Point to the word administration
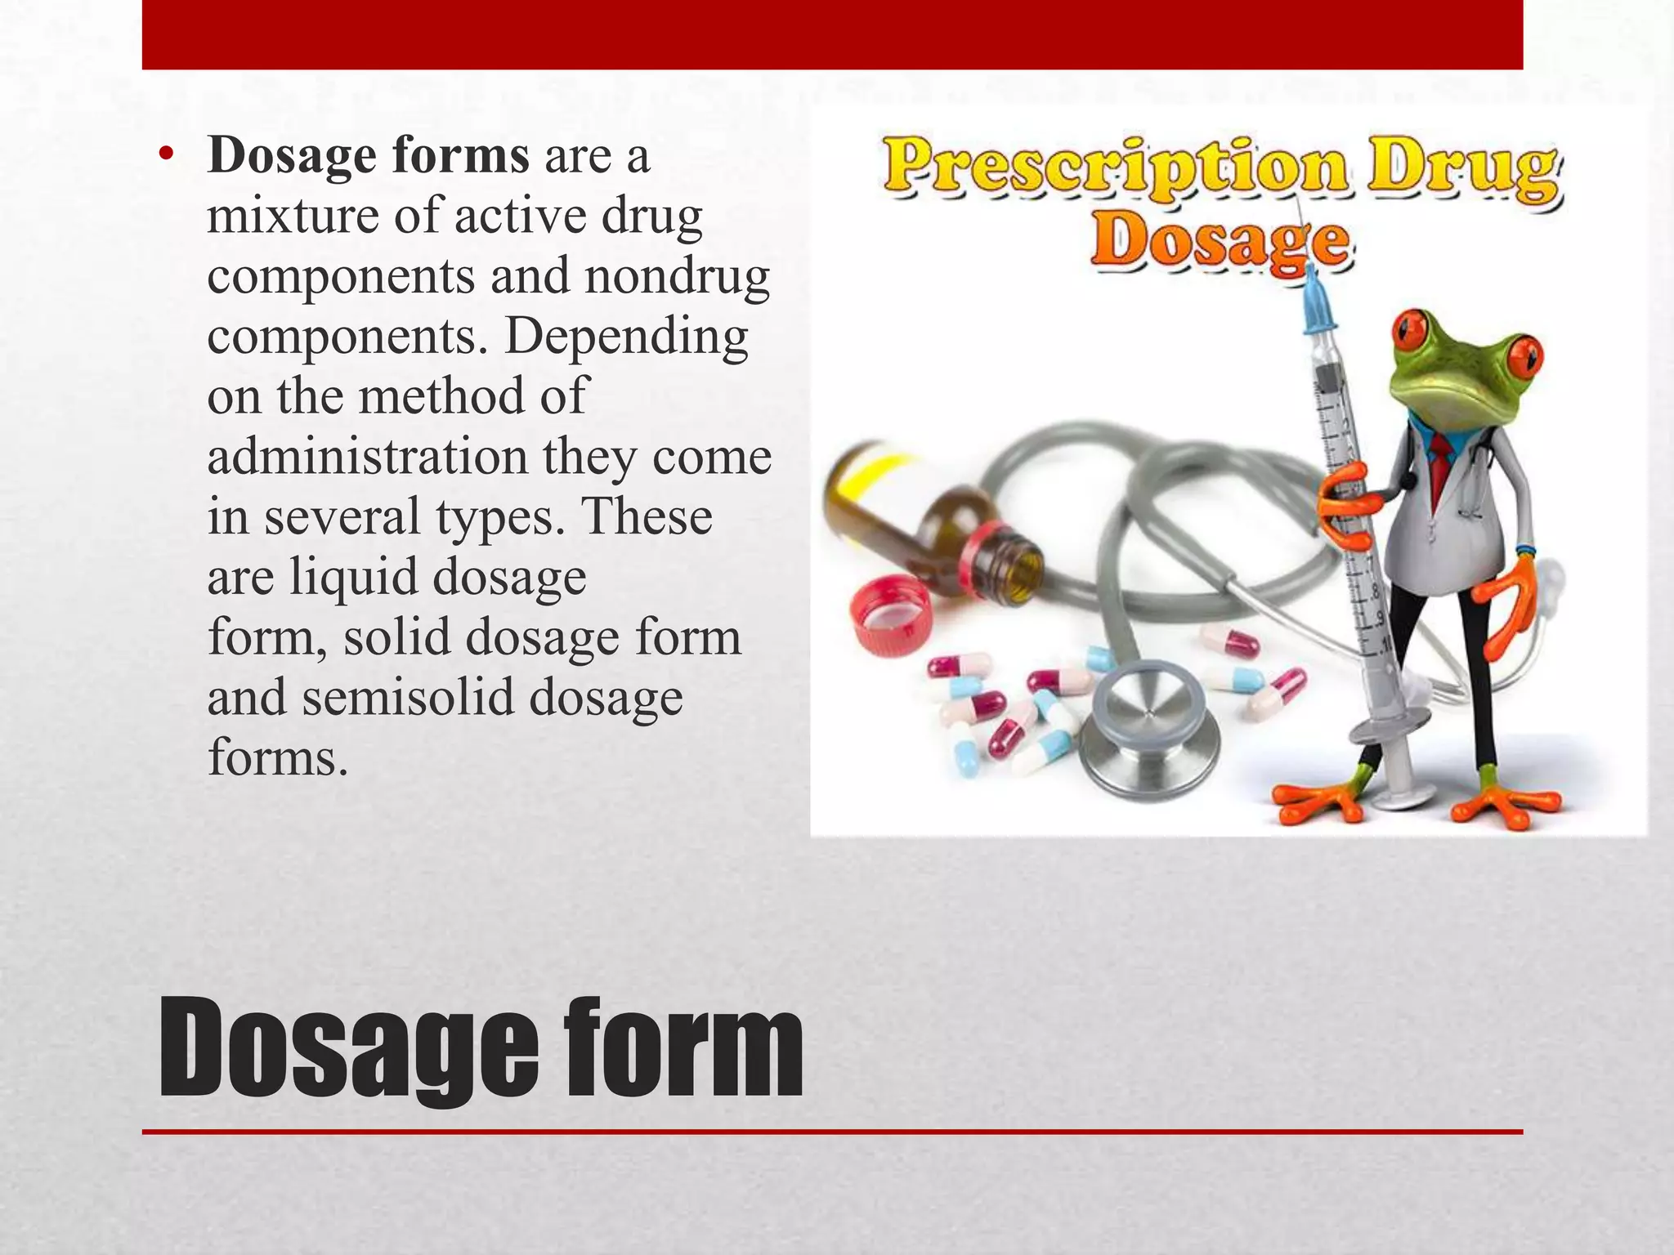pos(367,457)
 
